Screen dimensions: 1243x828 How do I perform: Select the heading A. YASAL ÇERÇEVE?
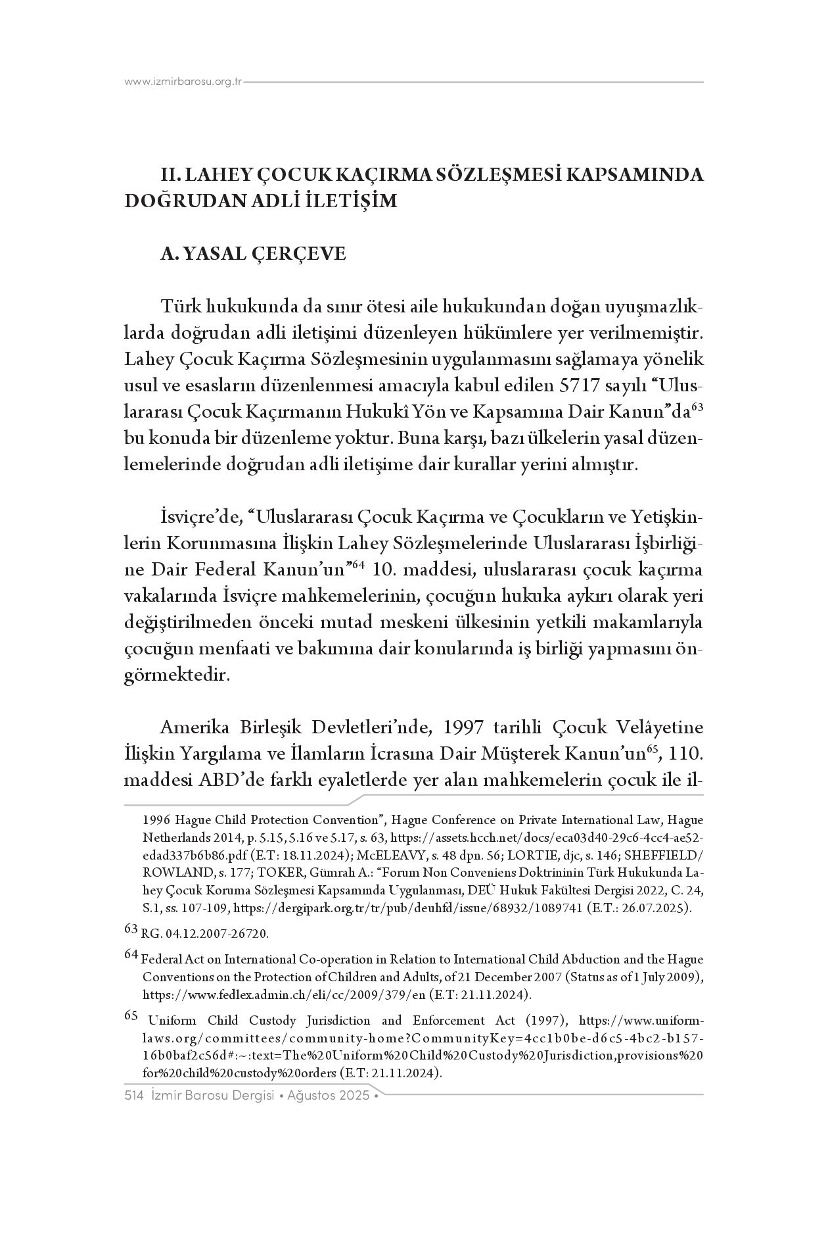[253, 254]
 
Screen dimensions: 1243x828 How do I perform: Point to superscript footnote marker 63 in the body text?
[697, 408]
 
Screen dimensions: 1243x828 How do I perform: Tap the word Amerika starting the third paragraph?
[197, 729]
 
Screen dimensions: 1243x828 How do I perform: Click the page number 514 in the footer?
[134, 1095]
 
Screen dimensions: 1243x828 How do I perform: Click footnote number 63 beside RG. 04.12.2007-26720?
[131, 929]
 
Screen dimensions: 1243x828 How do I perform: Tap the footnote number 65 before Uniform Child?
[131, 1015]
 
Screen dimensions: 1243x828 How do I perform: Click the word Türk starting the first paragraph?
[181, 307]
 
